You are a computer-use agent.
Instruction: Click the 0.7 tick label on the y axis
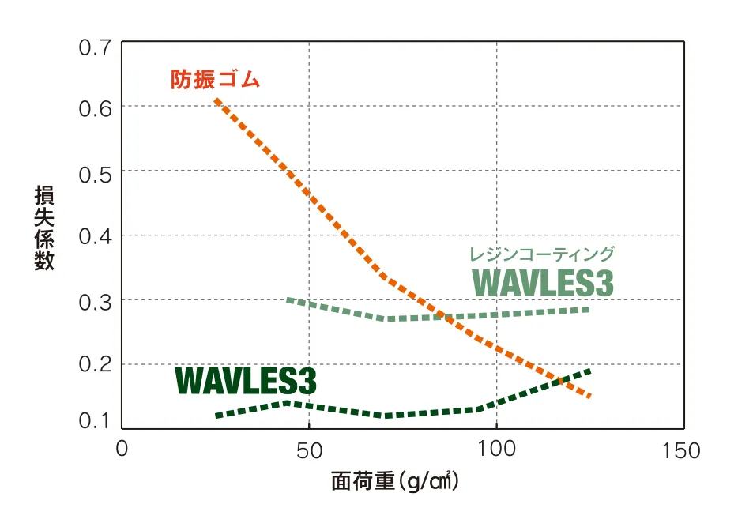tap(95, 47)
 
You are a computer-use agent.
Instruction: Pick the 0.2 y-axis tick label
tap(95, 366)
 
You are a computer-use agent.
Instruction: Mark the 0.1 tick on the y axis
tap(95, 421)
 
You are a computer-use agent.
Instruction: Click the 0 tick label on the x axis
tap(122, 450)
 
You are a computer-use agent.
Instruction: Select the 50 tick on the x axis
tap(309, 450)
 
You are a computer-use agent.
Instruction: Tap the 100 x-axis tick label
tap(496, 450)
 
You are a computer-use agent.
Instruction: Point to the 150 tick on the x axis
tap(683, 450)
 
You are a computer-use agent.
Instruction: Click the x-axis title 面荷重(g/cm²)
tap(395, 481)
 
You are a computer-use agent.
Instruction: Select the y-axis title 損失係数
tap(44, 229)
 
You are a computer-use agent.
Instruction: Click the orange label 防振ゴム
tap(215, 80)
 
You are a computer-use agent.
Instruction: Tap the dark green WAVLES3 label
tap(246, 381)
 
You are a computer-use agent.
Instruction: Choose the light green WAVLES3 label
tap(543, 283)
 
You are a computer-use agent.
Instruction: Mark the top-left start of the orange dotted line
tap(216, 100)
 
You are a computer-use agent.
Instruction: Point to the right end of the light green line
tap(588, 308)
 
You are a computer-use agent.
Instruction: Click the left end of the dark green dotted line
tap(217, 416)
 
